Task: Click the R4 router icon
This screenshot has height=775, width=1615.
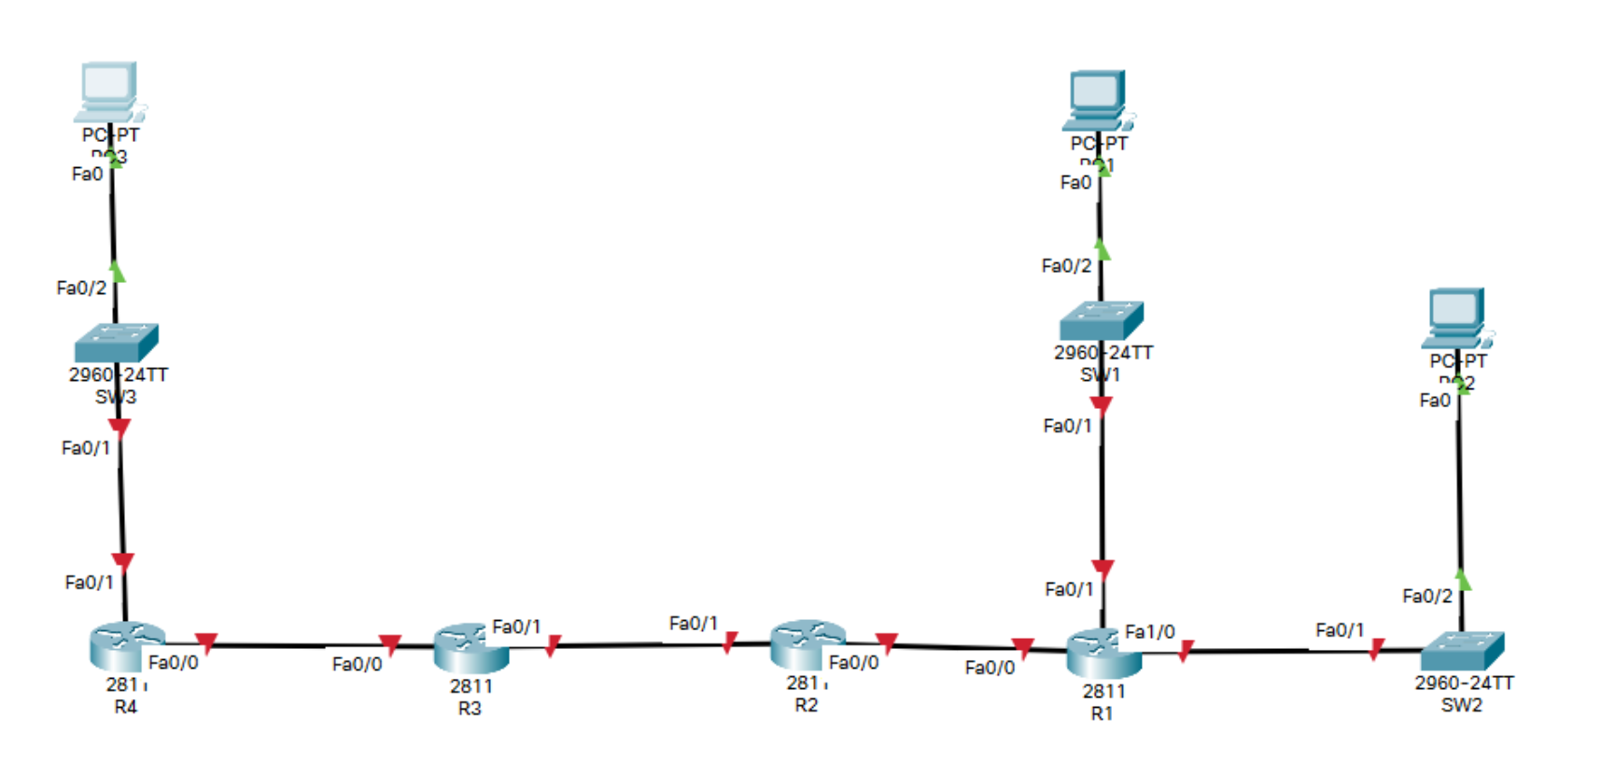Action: click(x=127, y=646)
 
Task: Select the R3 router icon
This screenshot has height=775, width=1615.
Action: click(x=471, y=648)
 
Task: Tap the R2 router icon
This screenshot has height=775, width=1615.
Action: click(x=807, y=643)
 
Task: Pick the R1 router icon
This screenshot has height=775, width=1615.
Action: click(x=1103, y=653)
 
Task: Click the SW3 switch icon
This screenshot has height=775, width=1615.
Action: click(x=116, y=343)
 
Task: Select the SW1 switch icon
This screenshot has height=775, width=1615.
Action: click(x=1102, y=320)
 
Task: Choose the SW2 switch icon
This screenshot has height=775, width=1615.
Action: click(x=1462, y=651)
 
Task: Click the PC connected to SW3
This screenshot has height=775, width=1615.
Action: click(x=109, y=92)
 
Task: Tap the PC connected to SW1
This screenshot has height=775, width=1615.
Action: click(x=1097, y=100)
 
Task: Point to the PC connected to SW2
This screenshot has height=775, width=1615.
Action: click(x=1456, y=318)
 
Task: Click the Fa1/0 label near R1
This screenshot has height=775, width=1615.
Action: click(x=1150, y=632)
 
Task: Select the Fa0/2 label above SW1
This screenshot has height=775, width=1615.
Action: click(x=1066, y=266)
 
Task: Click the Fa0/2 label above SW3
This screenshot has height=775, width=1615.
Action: click(x=81, y=288)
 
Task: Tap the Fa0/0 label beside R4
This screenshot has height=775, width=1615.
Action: click(x=174, y=663)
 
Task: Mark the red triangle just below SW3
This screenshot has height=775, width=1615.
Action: click(x=119, y=428)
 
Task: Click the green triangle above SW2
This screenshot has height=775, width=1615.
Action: click(x=1462, y=581)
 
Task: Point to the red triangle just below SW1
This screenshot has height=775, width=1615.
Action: click(x=1102, y=405)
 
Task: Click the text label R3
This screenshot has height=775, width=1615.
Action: click(x=470, y=709)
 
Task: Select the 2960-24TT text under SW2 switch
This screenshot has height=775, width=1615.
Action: click(x=1464, y=683)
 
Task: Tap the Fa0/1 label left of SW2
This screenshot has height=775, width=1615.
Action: click(x=1340, y=630)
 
